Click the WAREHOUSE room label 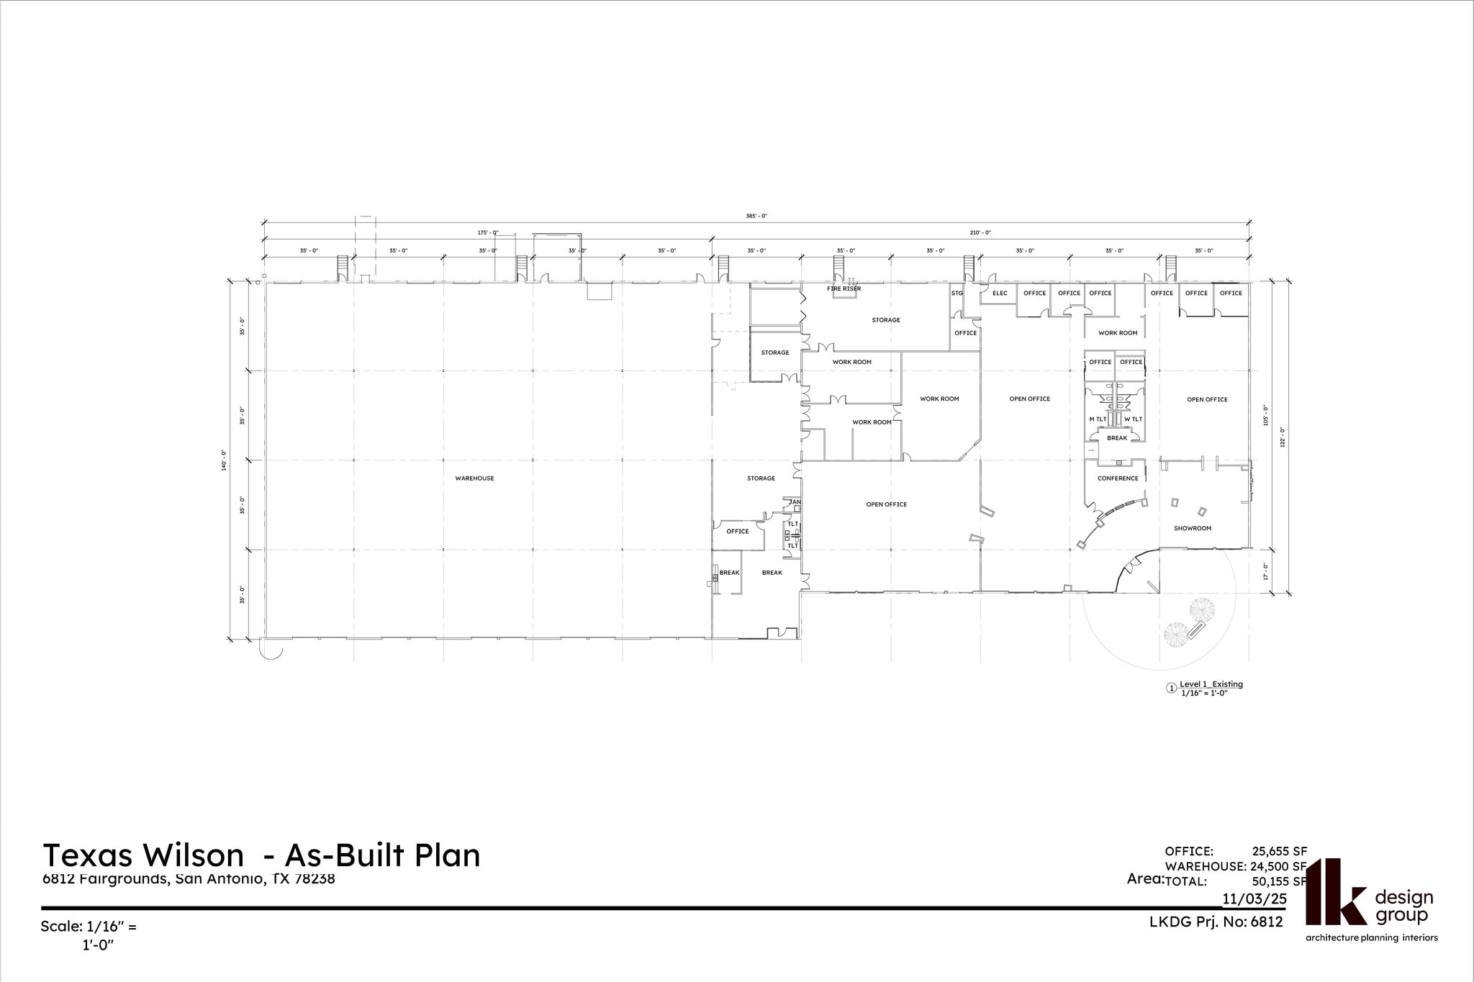click(x=474, y=478)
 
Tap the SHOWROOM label click(x=1193, y=529)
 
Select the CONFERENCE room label click(x=1118, y=478)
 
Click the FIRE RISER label click(x=844, y=289)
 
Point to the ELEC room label click(x=1000, y=294)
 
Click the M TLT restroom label click(x=1098, y=419)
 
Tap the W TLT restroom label click(x=1133, y=419)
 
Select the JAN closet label click(x=795, y=502)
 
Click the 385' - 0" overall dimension click(x=756, y=216)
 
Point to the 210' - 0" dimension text click(x=980, y=233)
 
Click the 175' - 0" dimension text click(x=487, y=233)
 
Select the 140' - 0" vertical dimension click(x=225, y=460)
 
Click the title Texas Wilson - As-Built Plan click(x=261, y=855)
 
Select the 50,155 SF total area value click(x=1279, y=881)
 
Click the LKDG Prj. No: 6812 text click(x=1216, y=922)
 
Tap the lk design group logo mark click(x=1335, y=892)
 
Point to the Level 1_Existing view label click(x=1211, y=684)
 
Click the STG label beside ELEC click(x=957, y=294)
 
